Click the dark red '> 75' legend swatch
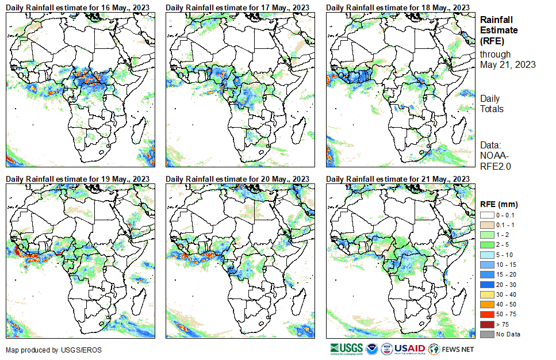pyautogui.click(x=486, y=325)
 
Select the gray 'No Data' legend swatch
pyautogui.click(x=486, y=334)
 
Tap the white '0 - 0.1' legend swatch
pyautogui.click(x=486, y=215)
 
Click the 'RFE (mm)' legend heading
pyautogui.click(x=499, y=204)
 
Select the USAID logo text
pyautogui.click(x=409, y=348)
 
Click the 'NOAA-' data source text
pyautogui.click(x=494, y=155)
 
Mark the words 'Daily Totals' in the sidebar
pyautogui.click(x=492, y=104)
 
